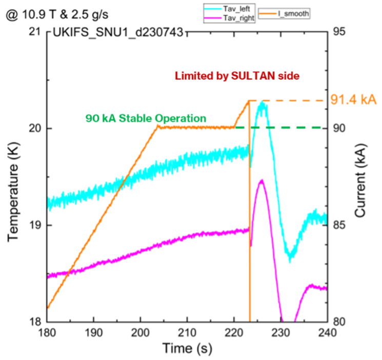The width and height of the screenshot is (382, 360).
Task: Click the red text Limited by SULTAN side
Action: click(237, 75)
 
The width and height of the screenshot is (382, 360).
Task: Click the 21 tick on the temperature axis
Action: click(35, 32)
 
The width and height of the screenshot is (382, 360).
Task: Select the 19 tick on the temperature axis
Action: click(35, 225)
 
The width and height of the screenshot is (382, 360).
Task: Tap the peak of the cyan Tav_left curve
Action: click(263, 103)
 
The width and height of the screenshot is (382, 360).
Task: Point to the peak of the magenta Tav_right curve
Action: click(262, 181)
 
